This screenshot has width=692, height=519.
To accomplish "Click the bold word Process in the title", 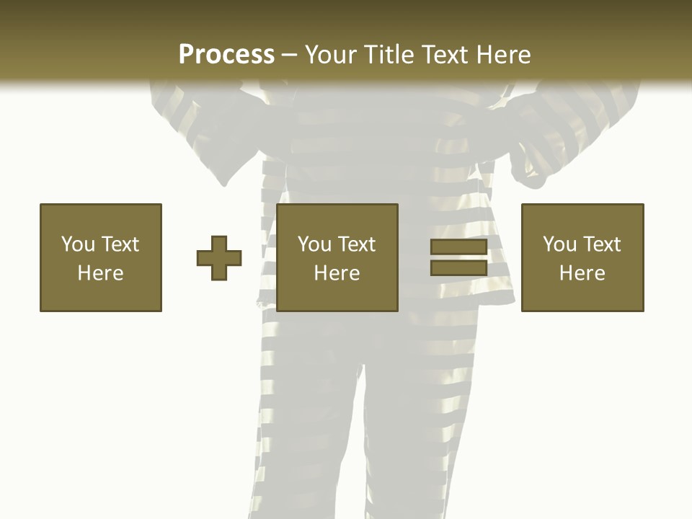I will [226, 55].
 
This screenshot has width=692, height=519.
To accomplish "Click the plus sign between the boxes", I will [219, 258].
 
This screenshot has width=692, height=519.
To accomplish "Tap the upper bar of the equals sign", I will [458, 248].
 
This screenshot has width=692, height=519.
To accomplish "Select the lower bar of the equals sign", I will [458, 267].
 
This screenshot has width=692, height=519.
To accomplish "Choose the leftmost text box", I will [101, 257].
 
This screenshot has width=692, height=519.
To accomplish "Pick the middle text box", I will [337, 257].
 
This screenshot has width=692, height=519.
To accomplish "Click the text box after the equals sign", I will [582, 257].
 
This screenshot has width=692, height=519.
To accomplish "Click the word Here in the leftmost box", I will [101, 273].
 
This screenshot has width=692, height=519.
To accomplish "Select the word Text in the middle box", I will [357, 244].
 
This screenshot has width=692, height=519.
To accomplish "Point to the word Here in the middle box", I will [337, 273].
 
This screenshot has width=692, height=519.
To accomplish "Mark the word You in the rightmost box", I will [559, 244].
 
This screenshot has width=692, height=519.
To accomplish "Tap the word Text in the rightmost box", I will [602, 244].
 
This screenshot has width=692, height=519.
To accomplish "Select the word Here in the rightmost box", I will [582, 273].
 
